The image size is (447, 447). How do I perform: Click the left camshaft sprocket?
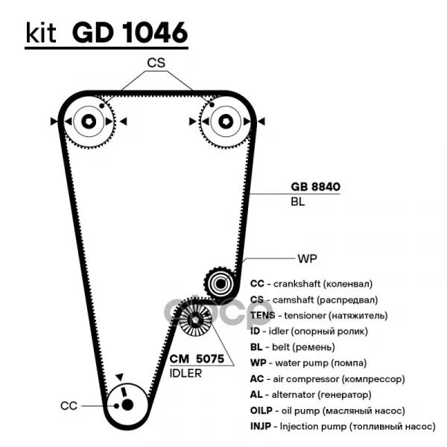click(x=88, y=121)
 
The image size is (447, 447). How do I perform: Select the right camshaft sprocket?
click(x=221, y=121)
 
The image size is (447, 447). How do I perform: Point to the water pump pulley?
click(x=220, y=283)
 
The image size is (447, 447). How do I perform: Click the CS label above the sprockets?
click(x=155, y=64)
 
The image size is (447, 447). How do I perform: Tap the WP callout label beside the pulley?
click(x=307, y=259)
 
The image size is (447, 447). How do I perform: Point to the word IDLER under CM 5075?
click(x=186, y=372)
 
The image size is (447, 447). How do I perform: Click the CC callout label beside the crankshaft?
click(x=69, y=406)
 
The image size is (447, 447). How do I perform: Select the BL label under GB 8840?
click(x=297, y=202)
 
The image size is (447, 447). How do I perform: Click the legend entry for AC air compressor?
click(x=327, y=378)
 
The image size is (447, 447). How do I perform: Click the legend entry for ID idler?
click(x=305, y=331)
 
